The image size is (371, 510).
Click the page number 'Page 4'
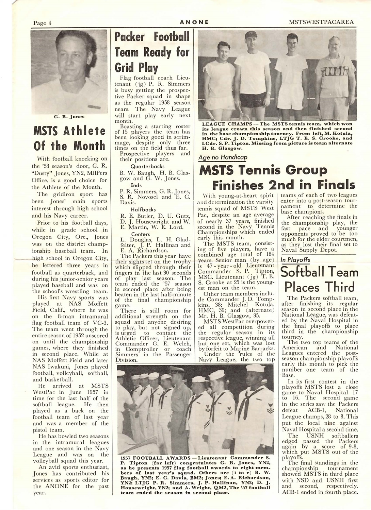42,23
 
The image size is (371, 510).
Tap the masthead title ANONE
194,23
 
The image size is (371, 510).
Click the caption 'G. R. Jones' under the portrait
69,117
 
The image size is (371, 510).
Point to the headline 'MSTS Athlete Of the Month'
69,138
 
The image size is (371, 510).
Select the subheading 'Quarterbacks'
147,167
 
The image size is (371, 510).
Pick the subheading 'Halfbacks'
143,209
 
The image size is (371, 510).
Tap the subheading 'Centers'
141,234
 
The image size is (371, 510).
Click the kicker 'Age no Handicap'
223,157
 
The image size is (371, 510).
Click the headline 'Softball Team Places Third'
319,279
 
